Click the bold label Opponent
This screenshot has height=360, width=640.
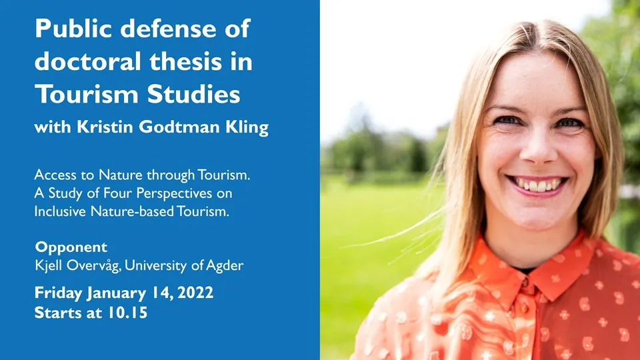pos(71,247)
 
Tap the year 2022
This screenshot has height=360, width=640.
pos(195,293)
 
